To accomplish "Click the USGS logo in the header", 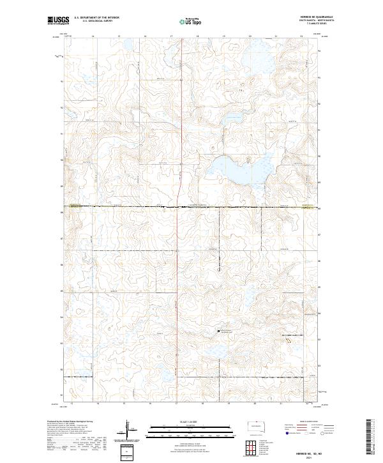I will pyautogui.click(x=58, y=21).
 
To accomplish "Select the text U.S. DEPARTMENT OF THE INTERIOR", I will pyautogui.click(x=96, y=19).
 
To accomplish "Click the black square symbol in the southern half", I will pyautogui.click(x=219, y=331).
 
